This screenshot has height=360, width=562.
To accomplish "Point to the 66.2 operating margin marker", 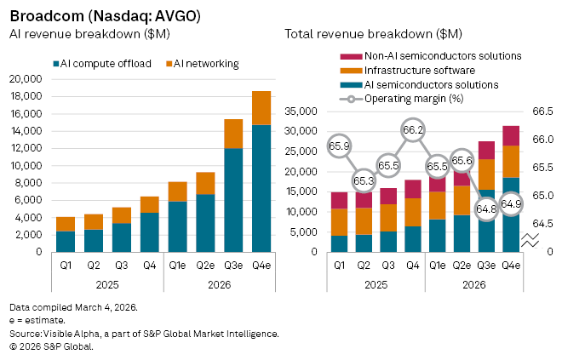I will (413, 130).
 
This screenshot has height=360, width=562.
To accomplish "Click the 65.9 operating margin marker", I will (340, 146).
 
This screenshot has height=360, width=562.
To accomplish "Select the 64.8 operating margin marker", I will (486, 208).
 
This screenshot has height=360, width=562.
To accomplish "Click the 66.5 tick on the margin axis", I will (544, 111).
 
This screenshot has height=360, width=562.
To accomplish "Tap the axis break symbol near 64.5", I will (530, 241).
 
